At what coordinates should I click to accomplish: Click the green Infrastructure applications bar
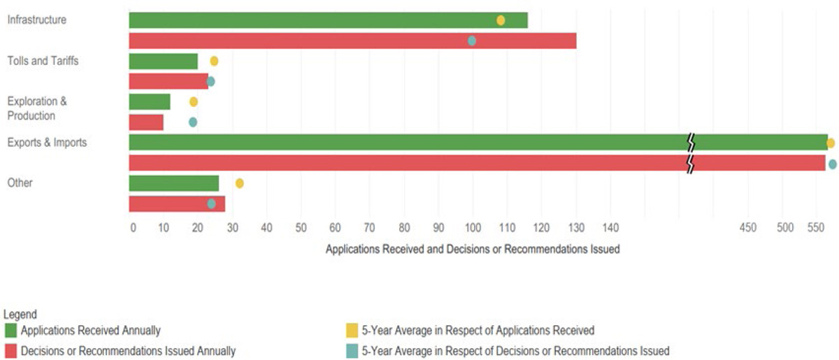(x=328, y=20)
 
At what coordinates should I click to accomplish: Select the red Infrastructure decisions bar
(x=352, y=41)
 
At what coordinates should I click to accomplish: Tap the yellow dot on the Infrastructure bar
(x=501, y=20)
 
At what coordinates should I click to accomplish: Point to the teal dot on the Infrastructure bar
(x=472, y=41)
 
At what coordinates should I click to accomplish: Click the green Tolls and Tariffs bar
(x=164, y=62)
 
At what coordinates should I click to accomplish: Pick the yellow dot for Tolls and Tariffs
(x=214, y=61)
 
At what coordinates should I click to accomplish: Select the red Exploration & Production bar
(x=146, y=122)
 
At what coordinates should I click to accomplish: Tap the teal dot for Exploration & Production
(x=193, y=122)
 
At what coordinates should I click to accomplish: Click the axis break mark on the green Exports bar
(x=691, y=143)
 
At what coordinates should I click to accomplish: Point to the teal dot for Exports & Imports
(x=832, y=164)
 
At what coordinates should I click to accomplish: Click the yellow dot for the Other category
(x=239, y=183)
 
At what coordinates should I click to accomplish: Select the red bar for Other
(x=177, y=204)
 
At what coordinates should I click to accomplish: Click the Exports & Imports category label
(x=47, y=143)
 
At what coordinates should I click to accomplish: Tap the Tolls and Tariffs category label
(x=43, y=61)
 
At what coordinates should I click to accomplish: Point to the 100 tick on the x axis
(x=473, y=227)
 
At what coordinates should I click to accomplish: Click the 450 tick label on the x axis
(x=748, y=227)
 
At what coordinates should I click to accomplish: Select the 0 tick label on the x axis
(x=133, y=227)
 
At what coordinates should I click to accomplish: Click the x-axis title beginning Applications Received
(x=473, y=249)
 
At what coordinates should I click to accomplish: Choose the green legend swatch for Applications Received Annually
(x=11, y=331)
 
